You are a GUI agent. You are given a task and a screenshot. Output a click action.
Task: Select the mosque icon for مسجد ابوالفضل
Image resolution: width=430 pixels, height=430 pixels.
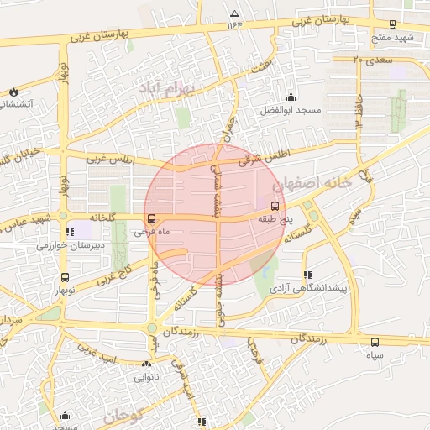point(291,97)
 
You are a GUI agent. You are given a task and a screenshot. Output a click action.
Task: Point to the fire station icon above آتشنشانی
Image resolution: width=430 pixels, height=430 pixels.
point(13,92)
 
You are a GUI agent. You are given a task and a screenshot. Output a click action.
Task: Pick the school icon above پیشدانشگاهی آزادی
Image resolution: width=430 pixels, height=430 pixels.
point(307,274)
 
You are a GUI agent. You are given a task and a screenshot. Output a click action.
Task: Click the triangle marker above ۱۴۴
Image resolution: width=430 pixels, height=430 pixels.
point(234,14)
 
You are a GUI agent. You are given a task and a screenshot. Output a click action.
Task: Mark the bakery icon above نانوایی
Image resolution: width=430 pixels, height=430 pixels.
point(147,364)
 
